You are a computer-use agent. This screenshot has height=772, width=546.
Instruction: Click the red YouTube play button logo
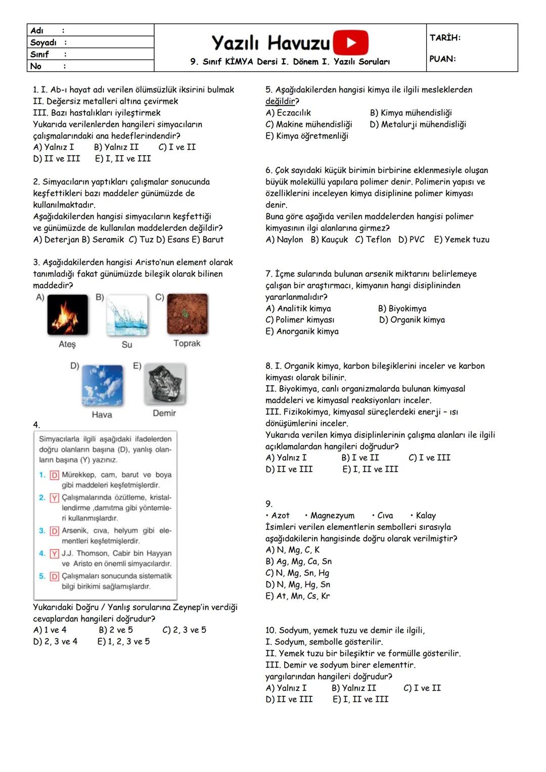coord(351,42)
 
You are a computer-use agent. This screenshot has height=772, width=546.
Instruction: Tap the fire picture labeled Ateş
coord(67,314)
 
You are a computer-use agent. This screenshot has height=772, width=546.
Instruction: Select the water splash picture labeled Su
coord(127,314)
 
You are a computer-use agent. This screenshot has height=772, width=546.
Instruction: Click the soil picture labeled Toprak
coord(187,314)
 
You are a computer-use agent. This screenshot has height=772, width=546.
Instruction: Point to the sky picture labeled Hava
coord(102,385)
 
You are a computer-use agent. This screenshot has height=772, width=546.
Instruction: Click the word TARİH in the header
coord(445,37)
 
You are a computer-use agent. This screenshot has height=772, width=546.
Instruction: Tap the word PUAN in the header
coord(442,59)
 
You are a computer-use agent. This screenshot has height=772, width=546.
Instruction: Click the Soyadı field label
coord(43,42)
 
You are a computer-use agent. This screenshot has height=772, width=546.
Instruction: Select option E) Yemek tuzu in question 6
coord(462,240)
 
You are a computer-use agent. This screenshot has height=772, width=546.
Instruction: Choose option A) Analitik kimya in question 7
coord(298,308)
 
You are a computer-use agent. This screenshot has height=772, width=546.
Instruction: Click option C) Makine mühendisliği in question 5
coord(309,124)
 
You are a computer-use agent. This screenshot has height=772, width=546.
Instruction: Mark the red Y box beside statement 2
coord(55,498)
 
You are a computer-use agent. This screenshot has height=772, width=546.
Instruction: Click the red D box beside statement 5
coord(55,576)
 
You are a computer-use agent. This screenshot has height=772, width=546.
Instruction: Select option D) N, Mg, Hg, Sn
coord(298,584)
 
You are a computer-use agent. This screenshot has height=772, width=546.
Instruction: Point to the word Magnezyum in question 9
coord(332,516)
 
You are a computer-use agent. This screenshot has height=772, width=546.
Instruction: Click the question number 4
coord(36,425)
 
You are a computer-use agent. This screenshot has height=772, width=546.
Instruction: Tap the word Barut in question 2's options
coord(213,240)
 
